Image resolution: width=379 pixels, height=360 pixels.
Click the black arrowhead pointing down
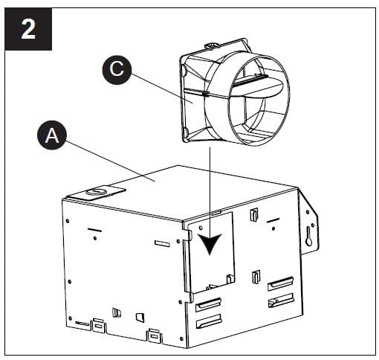coord(213,244)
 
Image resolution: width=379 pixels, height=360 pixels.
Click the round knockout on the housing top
coord(95,192)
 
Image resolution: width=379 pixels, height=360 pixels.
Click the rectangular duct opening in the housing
coord(211,253)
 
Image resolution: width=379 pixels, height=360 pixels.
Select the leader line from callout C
coord(160,87)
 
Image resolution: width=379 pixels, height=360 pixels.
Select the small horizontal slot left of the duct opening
coord(162,243)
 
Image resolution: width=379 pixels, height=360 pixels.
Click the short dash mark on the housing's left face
coord(95,230)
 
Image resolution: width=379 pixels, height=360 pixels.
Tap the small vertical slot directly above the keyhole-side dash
coord(255,215)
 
